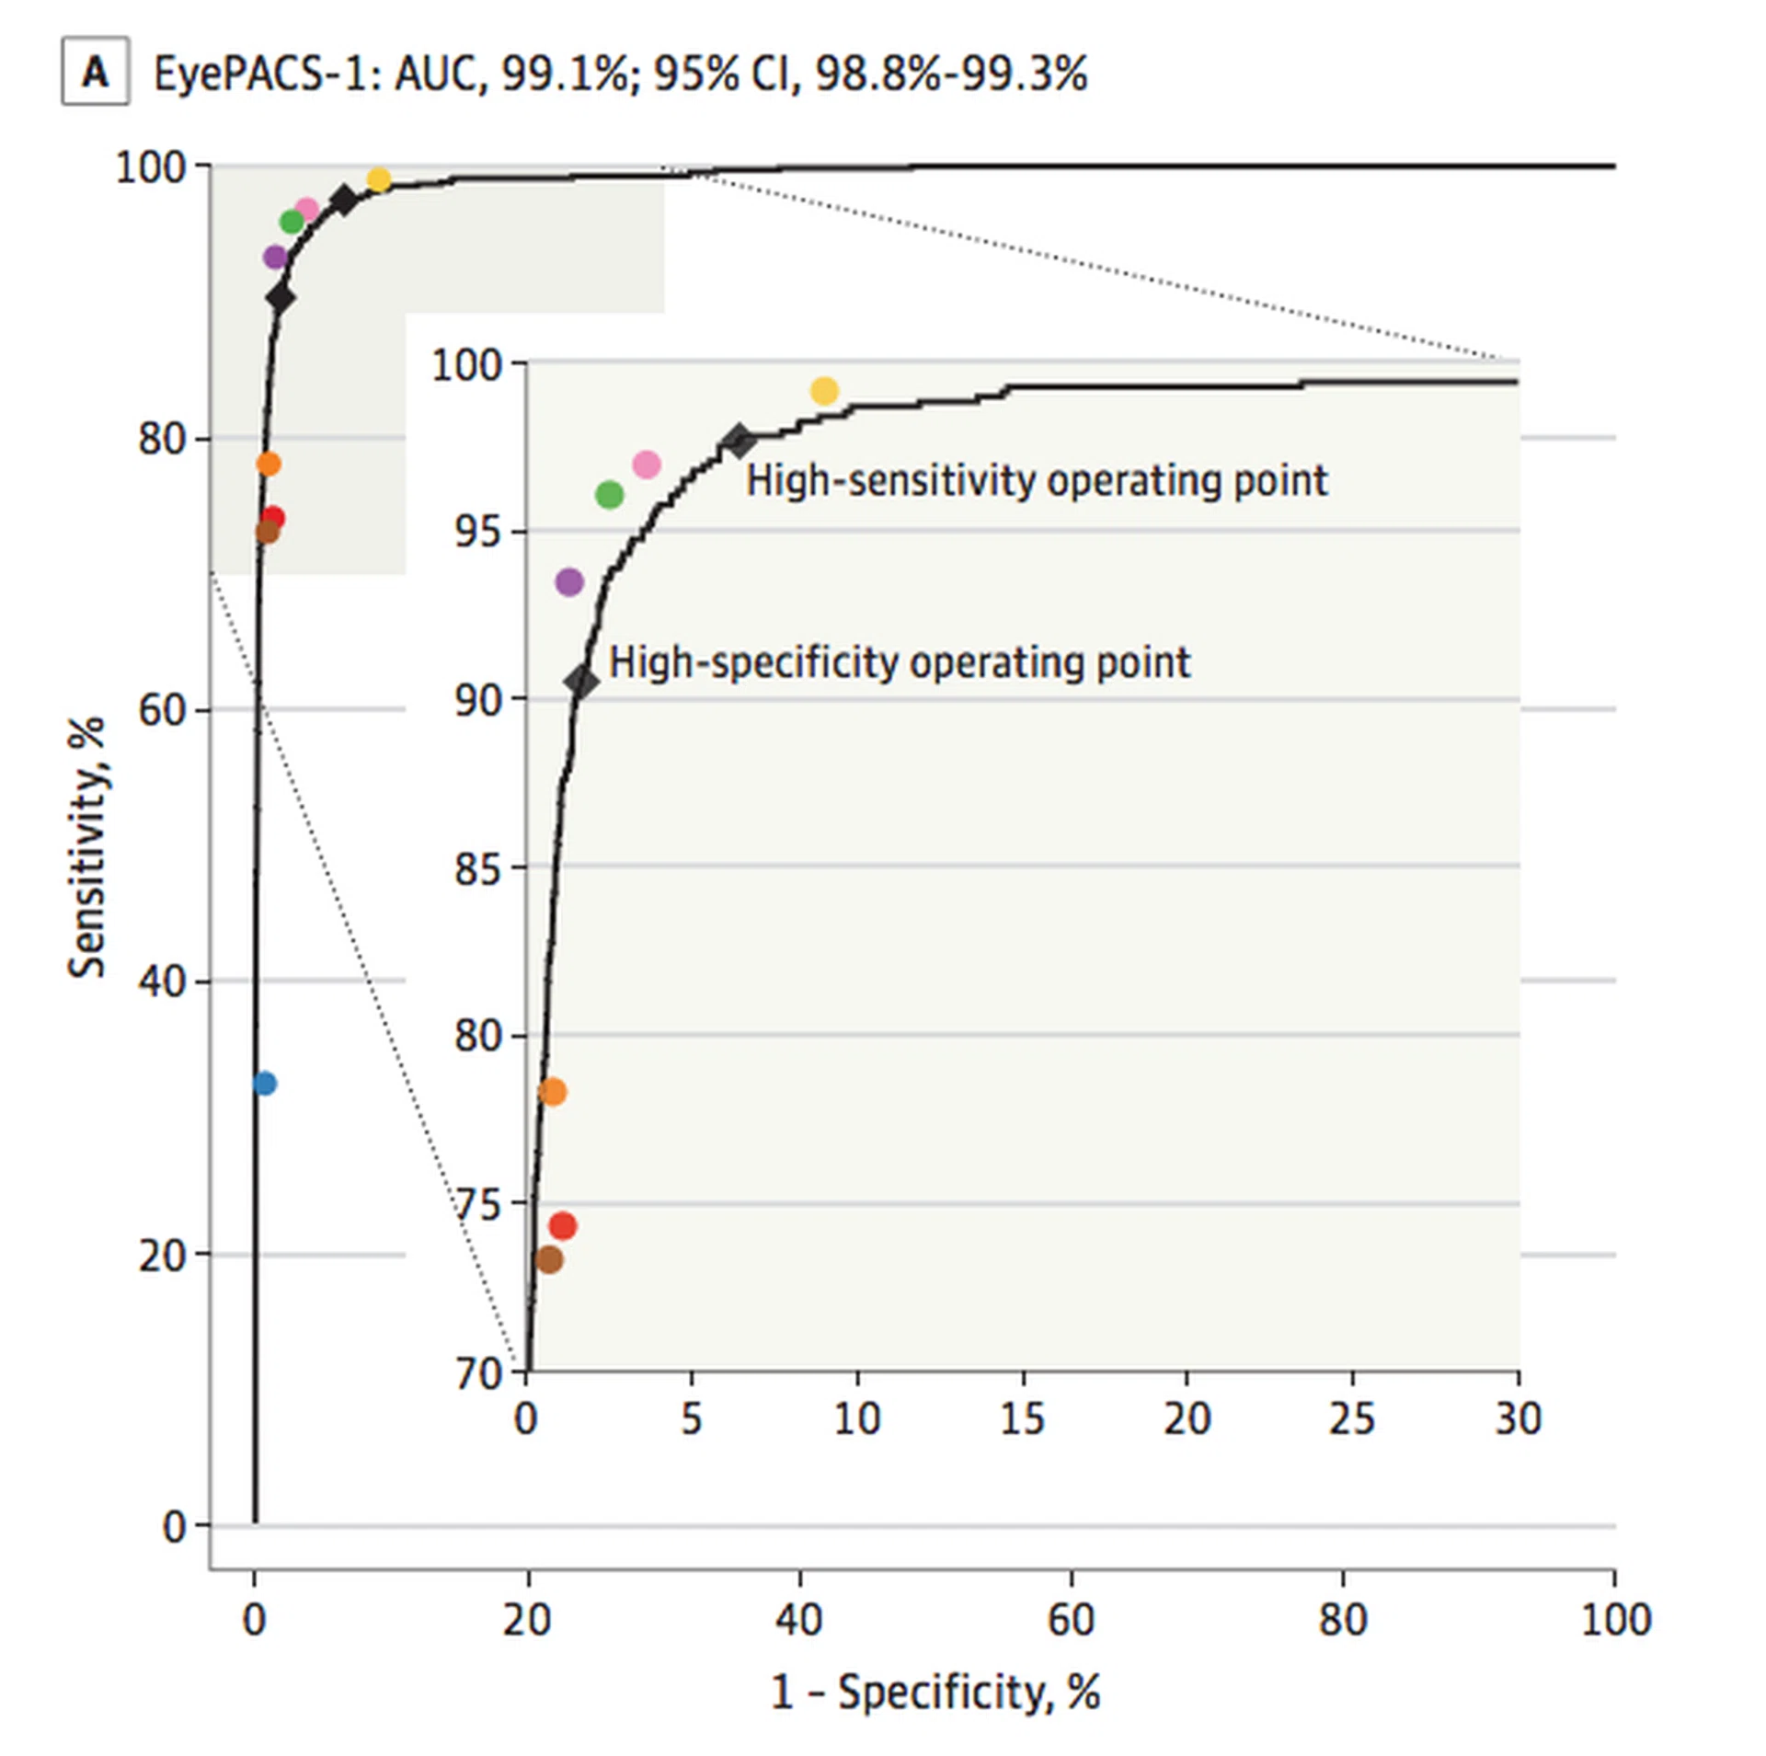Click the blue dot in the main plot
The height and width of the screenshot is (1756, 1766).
(264, 1084)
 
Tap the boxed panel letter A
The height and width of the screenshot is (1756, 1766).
(95, 72)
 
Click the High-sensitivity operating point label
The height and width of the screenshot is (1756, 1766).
(1037, 480)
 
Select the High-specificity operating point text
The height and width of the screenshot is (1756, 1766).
(900, 662)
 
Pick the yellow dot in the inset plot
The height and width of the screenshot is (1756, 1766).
(824, 391)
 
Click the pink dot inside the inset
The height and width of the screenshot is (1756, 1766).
(647, 465)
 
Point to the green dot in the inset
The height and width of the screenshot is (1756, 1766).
(609, 495)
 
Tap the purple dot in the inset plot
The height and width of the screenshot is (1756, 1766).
(569, 581)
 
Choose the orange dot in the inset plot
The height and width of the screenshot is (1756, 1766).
(552, 1092)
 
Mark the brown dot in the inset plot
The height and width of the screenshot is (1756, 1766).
(548, 1259)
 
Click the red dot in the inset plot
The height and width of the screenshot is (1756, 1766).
(562, 1225)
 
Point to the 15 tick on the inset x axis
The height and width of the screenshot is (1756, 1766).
(1022, 1419)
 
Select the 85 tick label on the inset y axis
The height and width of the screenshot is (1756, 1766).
(478, 868)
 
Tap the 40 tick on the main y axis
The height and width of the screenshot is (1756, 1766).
(162, 981)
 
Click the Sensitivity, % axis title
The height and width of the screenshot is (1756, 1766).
(87, 846)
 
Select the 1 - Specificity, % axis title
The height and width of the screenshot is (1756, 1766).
(935, 1692)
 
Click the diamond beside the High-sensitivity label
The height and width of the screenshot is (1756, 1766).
(738, 442)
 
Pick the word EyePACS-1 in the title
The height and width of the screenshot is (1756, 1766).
(266, 74)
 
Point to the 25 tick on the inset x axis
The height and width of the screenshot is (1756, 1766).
(1352, 1419)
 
